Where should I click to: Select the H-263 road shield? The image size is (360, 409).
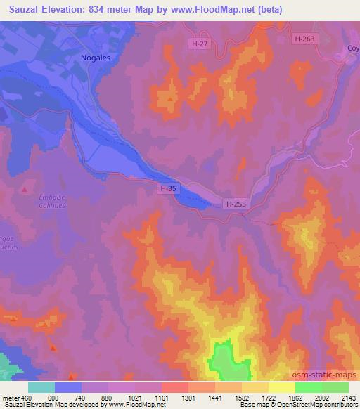coord(305,39)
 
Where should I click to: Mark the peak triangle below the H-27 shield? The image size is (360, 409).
coord(171,99)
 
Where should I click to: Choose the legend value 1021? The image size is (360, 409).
coord(134,396)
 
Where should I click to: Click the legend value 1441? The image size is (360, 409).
coord(215,396)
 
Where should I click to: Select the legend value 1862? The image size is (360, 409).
coord(295,396)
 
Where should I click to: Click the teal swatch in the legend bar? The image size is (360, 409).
coord(41,387)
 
